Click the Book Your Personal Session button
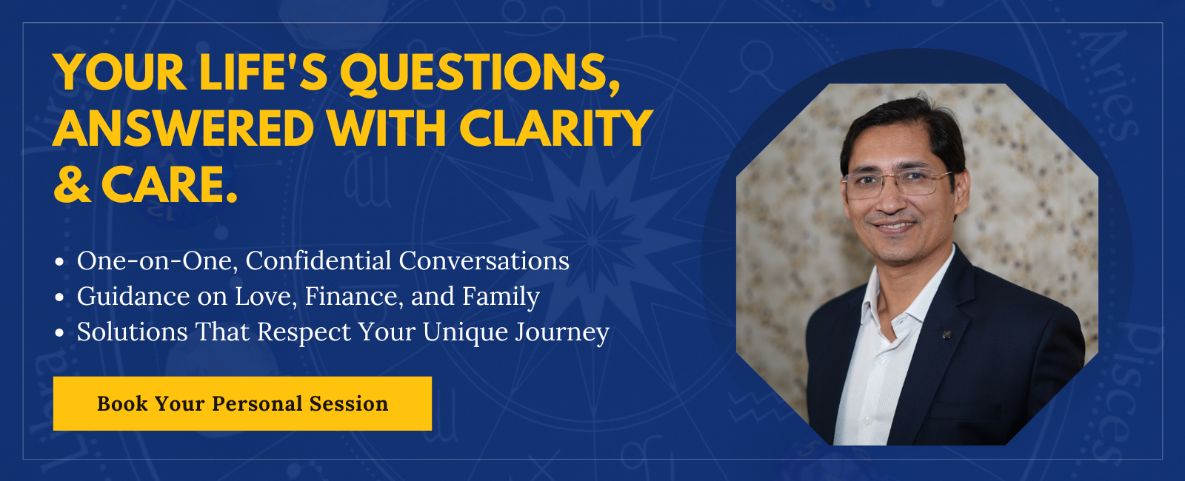pyautogui.click(x=242, y=403)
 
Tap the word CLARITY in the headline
pyautogui.click(x=556, y=128)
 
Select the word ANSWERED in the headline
pyautogui.click(x=184, y=128)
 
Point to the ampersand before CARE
pyautogui.click(x=72, y=185)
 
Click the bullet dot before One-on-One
pyautogui.click(x=59, y=262)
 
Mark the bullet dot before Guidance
pyautogui.click(x=59, y=297)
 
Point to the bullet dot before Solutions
pyautogui.click(x=59, y=333)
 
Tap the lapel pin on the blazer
pyautogui.click(x=947, y=334)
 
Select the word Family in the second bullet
pyautogui.click(x=501, y=297)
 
